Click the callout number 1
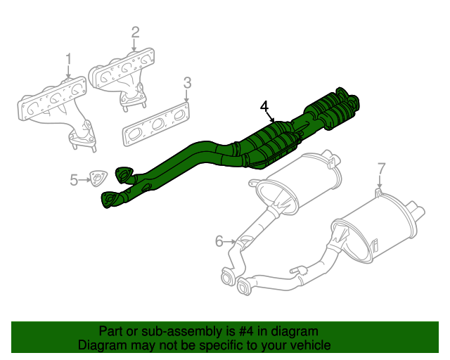click(x=68, y=58)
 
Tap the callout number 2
click(x=135, y=32)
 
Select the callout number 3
click(x=187, y=84)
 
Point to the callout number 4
click(x=264, y=106)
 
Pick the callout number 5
click(x=75, y=181)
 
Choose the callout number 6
click(x=219, y=242)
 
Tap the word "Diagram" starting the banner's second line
click(x=102, y=346)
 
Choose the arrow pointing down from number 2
click(x=135, y=44)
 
